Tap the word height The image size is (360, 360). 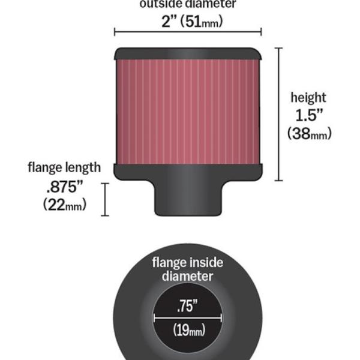coord(308,97)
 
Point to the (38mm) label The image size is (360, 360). coord(309,134)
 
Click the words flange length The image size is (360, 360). coord(64,167)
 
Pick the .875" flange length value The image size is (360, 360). coord(64,186)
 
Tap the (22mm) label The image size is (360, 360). coord(65,204)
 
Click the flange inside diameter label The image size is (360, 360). coord(187,269)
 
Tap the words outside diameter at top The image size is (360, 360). coord(187,4)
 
